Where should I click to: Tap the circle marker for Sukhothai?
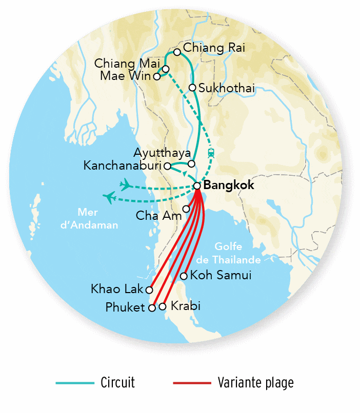pos(192,88)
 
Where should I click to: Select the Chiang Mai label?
pos(128,64)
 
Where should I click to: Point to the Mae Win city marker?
pos(157,77)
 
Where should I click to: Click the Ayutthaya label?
pos(162,153)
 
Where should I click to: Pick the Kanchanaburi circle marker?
pos(167,166)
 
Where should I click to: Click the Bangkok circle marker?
pos(197,185)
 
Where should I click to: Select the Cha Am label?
pos(158,216)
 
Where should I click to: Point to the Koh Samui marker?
pos(184,276)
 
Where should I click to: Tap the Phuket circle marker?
pos(152,308)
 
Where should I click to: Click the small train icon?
pos(211,152)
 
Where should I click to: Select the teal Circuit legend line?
pos(75,383)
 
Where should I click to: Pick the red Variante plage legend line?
pos(192,383)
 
